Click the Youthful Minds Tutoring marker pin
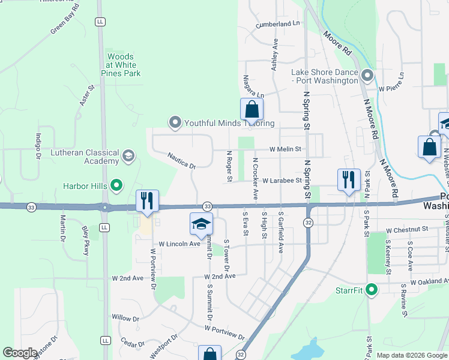pos(175,123)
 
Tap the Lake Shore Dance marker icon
pos(367,76)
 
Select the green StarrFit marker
pos(372,290)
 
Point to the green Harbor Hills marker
pos(117,185)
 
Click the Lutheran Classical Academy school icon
pos(128,157)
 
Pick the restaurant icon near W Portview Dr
pos(147,202)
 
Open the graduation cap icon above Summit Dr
pos(201,224)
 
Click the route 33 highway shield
pos(206,206)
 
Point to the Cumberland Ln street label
pos(277,24)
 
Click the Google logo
pos(20,353)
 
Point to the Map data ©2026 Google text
pos(411,355)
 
